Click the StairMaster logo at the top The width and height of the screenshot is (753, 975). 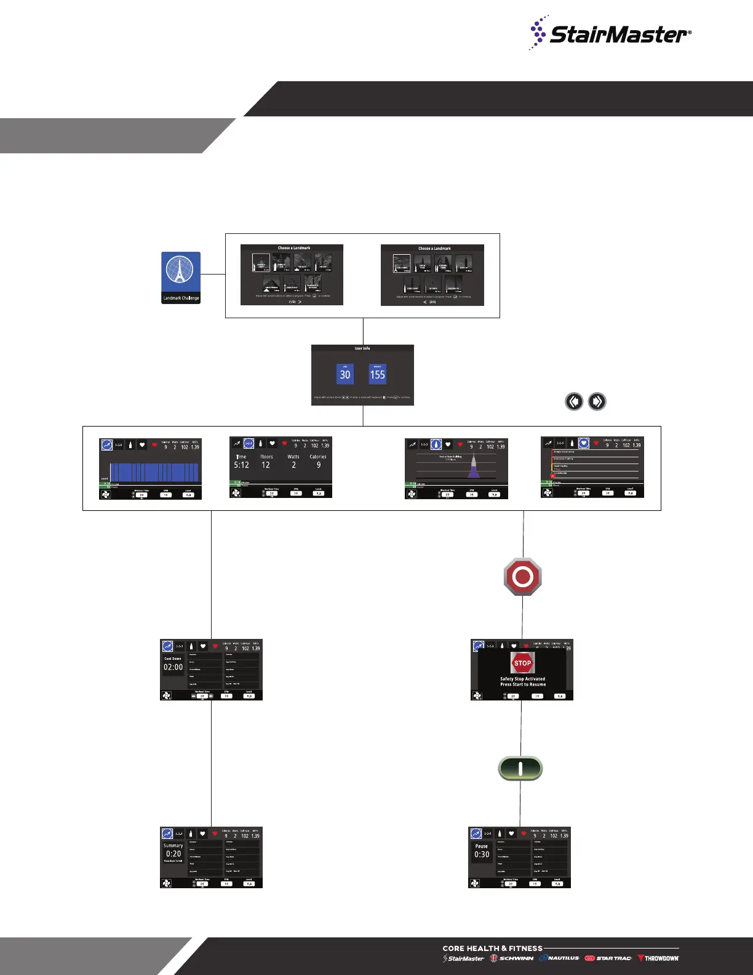(x=610, y=33)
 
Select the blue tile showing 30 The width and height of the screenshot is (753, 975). (x=345, y=374)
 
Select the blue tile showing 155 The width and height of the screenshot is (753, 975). (x=377, y=374)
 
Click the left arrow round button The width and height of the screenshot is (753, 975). (x=574, y=401)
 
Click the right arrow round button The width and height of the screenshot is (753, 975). (x=597, y=401)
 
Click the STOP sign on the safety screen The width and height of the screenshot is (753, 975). (x=522, y=663)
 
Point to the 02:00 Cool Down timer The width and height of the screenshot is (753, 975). (x=173, y=667)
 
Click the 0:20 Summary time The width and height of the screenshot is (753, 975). (x=173, y=854)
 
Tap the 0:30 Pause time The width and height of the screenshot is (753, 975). (x=482, y=854)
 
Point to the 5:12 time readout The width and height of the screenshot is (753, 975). (x=241, y=465)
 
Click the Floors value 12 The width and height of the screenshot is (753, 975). (x=266, y=465)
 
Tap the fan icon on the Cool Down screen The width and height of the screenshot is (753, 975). (x=167, y=696)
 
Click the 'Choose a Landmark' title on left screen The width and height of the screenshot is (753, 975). (x=294, y=248)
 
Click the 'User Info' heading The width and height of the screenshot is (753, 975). (x=362, y=348)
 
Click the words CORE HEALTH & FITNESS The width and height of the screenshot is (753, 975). (x=492, y=949)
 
